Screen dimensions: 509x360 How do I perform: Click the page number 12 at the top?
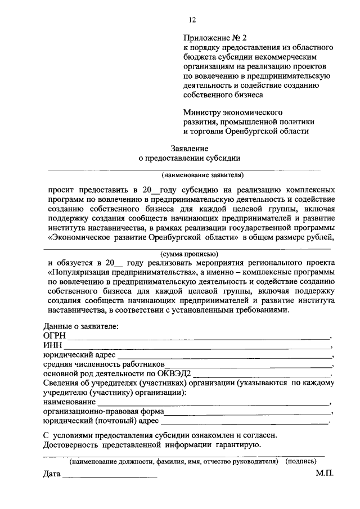(x=192, y=20)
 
